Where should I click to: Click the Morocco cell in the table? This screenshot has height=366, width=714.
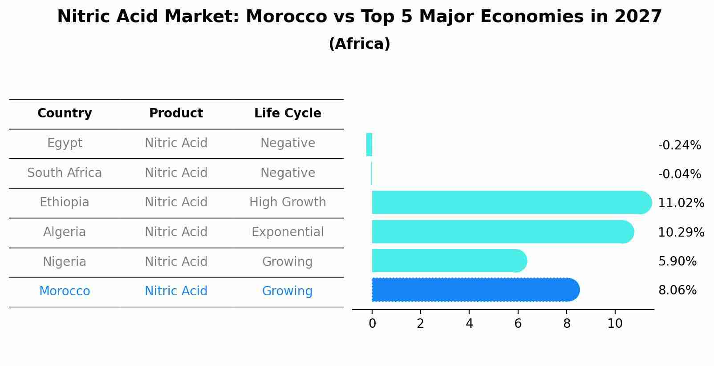(65, 291)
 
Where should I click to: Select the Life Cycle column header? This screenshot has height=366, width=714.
(288, 113)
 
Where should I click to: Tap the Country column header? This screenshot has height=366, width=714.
(65, 113)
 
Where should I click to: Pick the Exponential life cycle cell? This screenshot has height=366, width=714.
(288, 232)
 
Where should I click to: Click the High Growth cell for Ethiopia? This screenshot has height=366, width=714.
(288, 202)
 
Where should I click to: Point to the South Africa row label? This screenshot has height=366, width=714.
(65, 173)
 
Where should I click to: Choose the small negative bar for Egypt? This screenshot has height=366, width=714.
(369, 145)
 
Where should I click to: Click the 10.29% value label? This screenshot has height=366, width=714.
(681, 233)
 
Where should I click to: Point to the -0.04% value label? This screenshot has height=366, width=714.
(679, 174)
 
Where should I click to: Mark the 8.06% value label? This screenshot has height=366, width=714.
(677, 290)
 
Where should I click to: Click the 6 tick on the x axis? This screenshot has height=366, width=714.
(518, 324)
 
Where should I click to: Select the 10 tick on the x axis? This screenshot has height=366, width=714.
(615, 324)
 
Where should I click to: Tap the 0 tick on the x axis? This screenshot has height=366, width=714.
(372, 324)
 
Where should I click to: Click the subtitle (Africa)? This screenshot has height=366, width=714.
(359, 44)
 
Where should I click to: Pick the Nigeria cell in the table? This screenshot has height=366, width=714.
(65, 262)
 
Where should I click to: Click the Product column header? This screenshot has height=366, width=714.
(176, 113)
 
